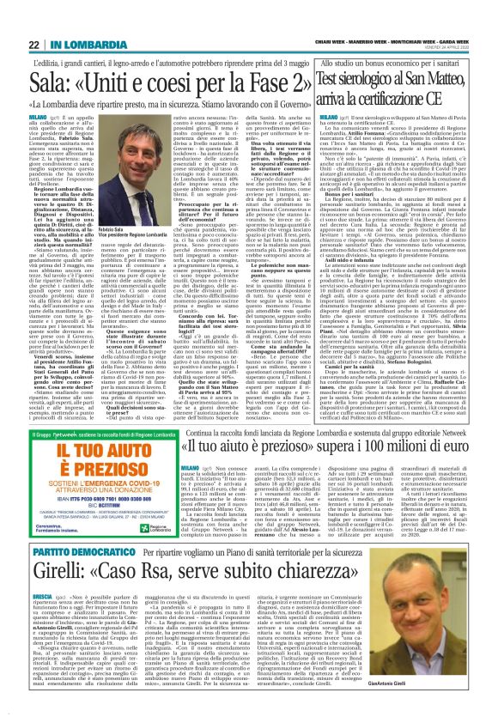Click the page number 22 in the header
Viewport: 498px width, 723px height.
pyautogui.click(x=32, y=20)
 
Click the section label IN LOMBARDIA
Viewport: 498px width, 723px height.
pyautogui.click(x=78, y=20)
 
